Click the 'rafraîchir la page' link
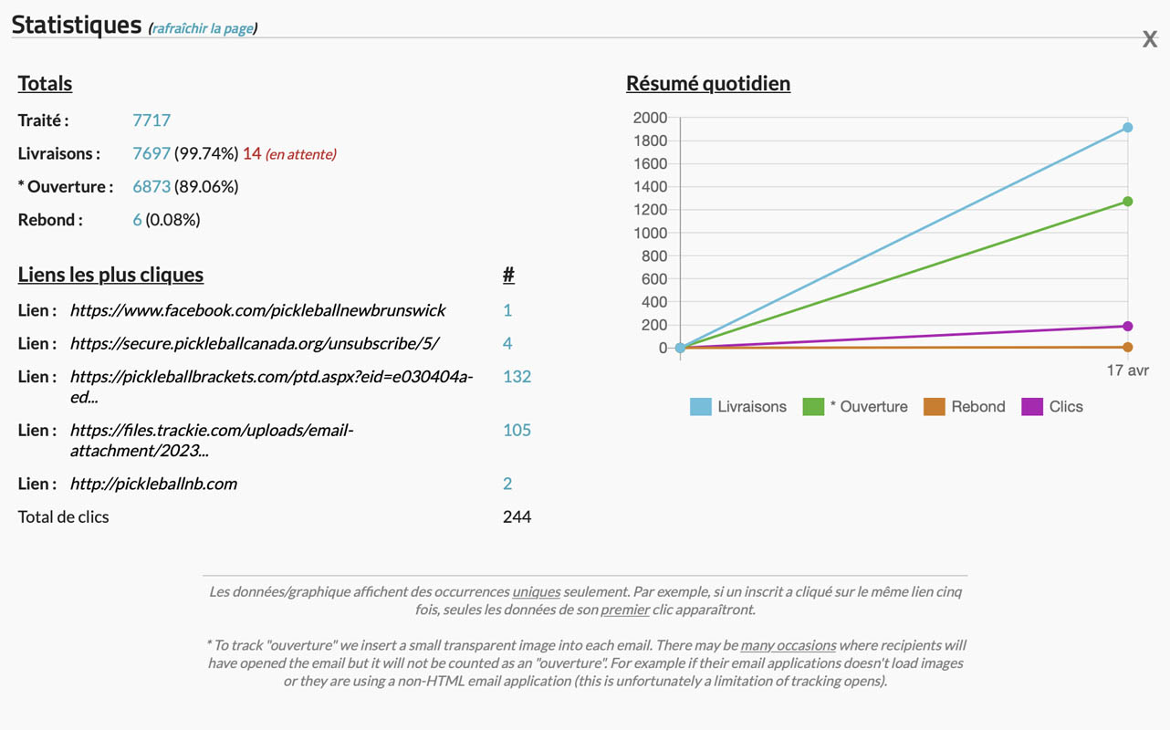click(203, 28)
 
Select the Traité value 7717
click(151, 120)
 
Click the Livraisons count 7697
click(151, 153)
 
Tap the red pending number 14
click(252, 153)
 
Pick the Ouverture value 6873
click(151, 186)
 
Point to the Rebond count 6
click(137, 219)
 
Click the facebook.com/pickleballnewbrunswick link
click(257, 310)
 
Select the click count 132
click(517, 376)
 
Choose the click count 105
click(517, 430)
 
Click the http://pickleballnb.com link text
click(153, 484)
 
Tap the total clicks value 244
click(517, 516)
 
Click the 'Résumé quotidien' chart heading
click(708, 83)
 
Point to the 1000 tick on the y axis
click(650, 233)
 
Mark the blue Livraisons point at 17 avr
click(1128, 128)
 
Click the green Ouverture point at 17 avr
click(1128, 202)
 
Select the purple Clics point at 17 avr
click(1128, 326)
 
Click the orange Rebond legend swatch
click(935, 407)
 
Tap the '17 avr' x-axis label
click(1128, 370)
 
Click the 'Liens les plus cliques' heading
click(110, 275)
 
